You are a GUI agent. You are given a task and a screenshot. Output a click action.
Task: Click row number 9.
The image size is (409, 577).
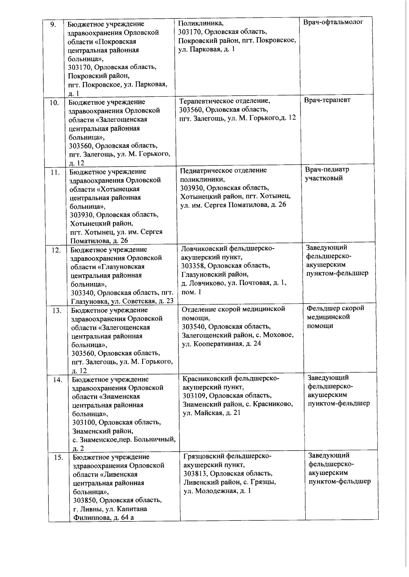[53, 25]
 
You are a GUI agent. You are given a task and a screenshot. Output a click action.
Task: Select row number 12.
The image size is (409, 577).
[56, 250]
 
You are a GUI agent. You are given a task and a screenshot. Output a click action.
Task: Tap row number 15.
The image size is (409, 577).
[59, 457]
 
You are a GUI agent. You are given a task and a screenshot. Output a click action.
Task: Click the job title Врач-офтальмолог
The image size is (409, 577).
[333, 22]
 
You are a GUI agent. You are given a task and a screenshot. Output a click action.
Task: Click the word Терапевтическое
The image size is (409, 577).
[206, 101]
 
